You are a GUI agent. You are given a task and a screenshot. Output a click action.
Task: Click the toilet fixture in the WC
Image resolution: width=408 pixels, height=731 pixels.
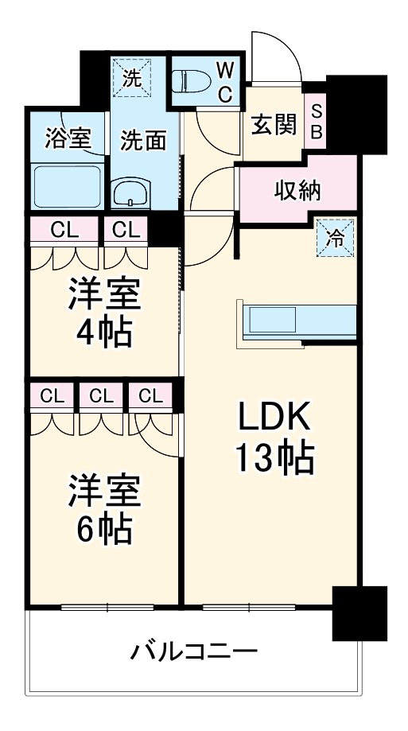pos(191,82)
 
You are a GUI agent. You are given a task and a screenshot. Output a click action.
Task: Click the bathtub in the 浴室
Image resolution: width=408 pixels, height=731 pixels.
pos(68,186)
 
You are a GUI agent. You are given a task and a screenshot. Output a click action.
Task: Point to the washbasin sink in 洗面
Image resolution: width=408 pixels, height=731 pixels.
pos(132,193)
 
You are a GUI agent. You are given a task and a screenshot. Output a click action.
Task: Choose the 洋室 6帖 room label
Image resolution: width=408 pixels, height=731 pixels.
pos(103,508)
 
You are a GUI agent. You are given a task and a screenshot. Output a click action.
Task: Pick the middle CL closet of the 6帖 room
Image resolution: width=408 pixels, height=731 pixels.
pos(99,395)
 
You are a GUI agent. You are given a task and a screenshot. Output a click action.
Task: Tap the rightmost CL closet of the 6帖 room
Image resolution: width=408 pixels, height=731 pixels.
pos(147,395)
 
